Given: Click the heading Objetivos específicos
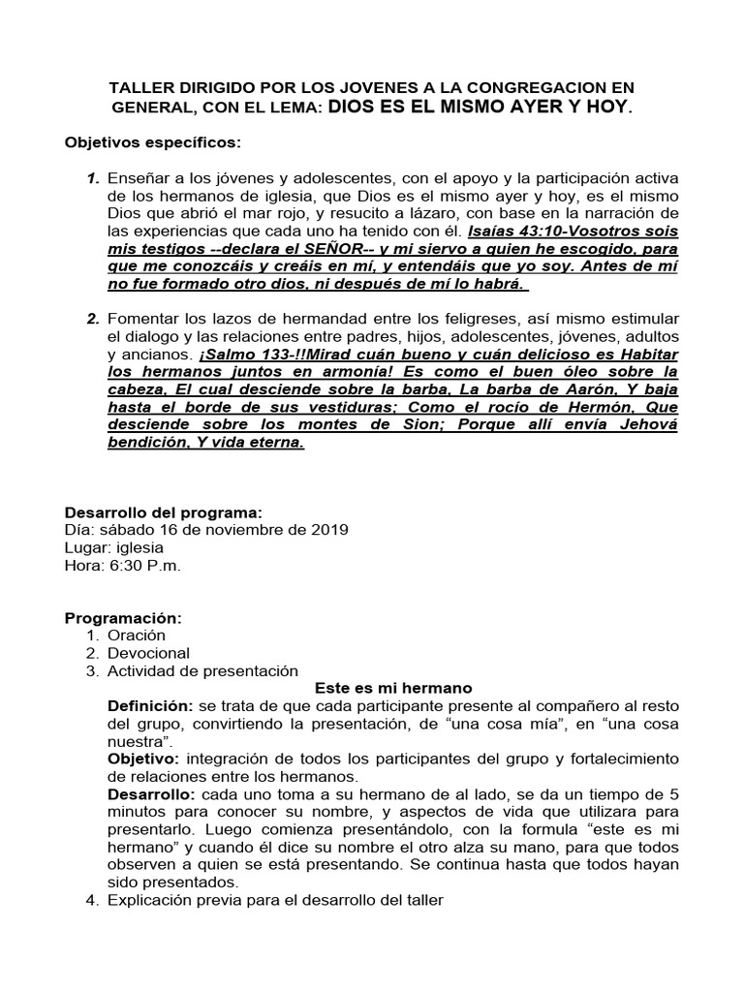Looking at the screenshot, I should pos(152,142).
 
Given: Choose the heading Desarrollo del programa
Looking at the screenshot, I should pos(163,512).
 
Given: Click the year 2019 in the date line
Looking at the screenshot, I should pos(329,530).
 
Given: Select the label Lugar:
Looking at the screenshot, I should pos(87,547).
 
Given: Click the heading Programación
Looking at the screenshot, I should pos(123,618).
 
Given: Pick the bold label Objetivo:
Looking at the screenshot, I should pos(143,759).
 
